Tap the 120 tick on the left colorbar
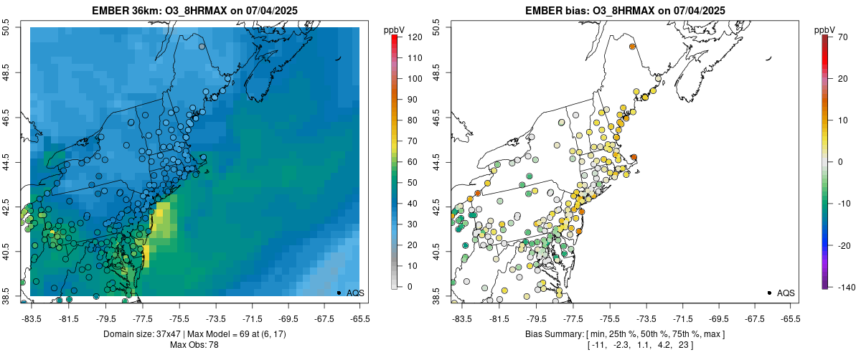(413, 37)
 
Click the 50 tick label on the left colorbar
(411, 183)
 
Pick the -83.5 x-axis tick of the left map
(32, 318)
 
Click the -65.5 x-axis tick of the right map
(790, 318)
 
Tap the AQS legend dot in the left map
(339, 293)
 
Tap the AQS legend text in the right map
(786, 293)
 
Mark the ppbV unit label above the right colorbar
(825, 29)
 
